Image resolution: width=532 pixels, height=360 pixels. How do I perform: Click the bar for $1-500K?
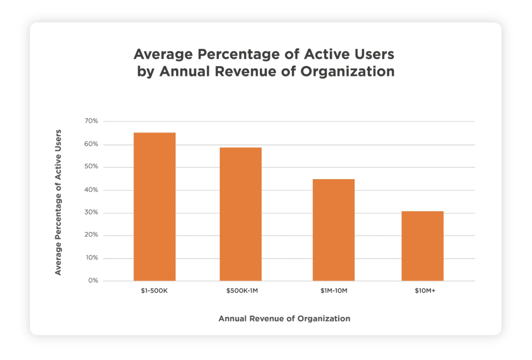click(x=154, y=207)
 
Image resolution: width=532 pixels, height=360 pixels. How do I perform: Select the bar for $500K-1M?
click(x=241, y=214)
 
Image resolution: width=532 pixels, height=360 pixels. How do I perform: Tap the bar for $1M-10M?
click(x=334, y=230)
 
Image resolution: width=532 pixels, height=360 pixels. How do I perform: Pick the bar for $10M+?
click(x=422, y=246)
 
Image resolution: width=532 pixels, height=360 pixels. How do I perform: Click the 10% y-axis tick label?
click(x=91, y=258)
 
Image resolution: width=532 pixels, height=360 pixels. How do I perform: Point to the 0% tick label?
click(x=92, y=281)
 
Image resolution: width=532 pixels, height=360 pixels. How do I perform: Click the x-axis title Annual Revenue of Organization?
click(x=284, y=318)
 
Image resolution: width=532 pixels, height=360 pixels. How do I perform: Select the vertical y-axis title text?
click(x=58, y=203)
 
